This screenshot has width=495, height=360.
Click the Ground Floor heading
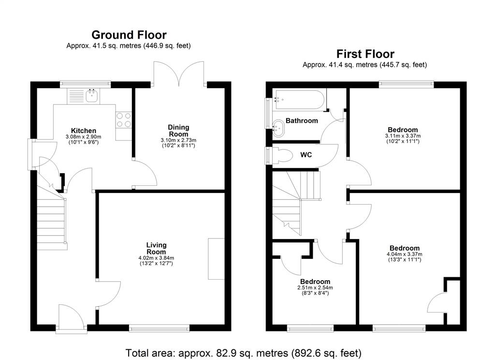click(129, 35)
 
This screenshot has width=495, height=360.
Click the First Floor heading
click(365, 54)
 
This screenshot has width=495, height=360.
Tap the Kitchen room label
click(83, 131)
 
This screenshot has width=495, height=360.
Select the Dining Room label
click(178, 131)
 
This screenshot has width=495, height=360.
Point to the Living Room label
click(156, 248)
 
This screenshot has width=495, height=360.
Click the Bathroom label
click(302, 120)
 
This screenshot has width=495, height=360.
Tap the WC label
click(306, 155)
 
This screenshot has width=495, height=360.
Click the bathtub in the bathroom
click(299, 100)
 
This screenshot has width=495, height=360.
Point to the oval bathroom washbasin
click(278, 128)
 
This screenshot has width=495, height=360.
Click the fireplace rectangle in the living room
click(216, 259)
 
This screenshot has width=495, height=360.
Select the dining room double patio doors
click(179, 74)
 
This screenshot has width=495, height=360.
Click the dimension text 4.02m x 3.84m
click(156, 258)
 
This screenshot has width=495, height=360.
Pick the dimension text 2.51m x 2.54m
click(315, 288)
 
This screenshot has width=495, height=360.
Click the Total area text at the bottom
click(244, 353)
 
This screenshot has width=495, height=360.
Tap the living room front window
click(160, 329)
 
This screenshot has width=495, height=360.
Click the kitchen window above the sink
click(86, 84)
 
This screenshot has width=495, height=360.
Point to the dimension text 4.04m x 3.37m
click(405, 255)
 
